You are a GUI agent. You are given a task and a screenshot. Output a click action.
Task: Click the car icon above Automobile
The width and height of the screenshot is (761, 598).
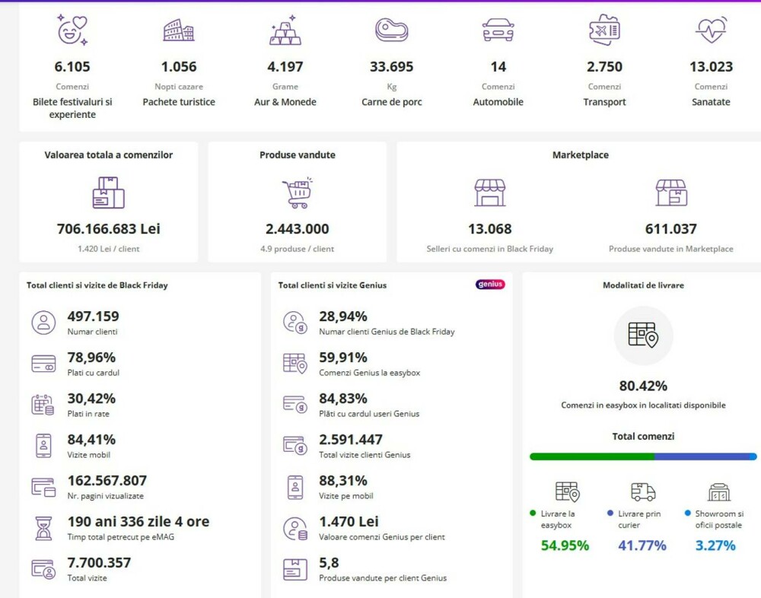[498, 30]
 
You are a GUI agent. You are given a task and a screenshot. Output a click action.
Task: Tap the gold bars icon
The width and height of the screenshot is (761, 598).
[285, 30]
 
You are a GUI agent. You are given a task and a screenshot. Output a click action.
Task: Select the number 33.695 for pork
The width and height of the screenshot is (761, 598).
[391, 67]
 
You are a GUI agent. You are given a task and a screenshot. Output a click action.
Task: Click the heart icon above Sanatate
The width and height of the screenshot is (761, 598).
[711, 30]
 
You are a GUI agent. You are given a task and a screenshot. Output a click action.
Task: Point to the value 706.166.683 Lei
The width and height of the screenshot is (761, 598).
[109, 229]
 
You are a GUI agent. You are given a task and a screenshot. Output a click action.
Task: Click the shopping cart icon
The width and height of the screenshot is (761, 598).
[297, 193]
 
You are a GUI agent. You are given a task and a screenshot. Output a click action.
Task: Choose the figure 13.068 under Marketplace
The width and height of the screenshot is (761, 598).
[489, 229]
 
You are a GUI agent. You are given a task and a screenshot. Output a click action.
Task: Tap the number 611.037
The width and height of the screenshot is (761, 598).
[671, 229]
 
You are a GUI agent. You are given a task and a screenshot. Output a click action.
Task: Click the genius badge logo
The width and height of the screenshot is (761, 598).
[490, 285]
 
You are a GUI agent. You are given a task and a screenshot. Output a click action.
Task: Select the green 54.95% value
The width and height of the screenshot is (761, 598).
[565, 546]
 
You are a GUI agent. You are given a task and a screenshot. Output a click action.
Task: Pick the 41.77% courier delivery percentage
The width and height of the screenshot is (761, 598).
[642, 546]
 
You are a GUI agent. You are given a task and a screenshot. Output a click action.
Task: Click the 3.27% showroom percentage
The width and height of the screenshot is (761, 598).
[715, 546]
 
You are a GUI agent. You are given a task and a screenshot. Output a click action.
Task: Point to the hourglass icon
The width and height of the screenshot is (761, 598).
[43, 528]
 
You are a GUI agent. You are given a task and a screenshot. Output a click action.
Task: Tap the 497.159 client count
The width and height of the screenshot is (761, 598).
[93, 316]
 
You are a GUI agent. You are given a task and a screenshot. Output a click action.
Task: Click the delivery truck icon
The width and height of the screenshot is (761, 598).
[643, 491]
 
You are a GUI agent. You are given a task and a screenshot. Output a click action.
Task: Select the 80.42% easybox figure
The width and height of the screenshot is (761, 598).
[643, 386]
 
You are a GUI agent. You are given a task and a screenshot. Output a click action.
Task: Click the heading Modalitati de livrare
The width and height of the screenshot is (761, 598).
[643, 285]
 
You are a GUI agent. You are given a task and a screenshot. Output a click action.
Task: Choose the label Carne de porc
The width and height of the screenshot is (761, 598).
[391, 102]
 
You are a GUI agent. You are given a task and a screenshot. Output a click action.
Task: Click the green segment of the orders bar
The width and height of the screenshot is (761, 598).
[591, 456]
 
